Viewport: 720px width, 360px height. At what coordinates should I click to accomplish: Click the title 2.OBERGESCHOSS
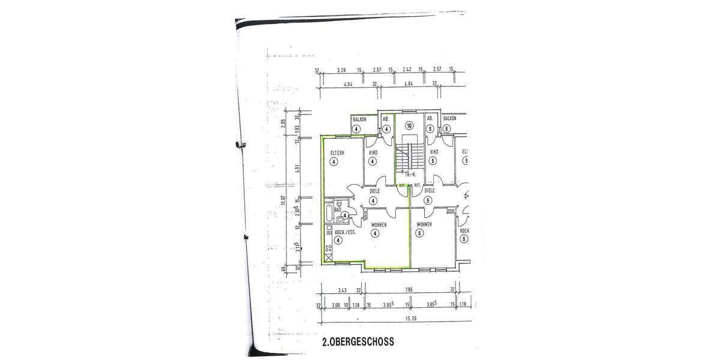(x=358, y=343)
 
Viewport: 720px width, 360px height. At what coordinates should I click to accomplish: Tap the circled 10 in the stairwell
(x=409, y=126)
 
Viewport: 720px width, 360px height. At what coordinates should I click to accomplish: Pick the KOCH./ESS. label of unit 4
(x=338, y=231)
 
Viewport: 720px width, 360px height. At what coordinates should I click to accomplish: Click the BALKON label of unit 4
(x=359, y=119)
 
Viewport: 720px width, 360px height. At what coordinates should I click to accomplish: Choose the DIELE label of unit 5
(x=429, y=191)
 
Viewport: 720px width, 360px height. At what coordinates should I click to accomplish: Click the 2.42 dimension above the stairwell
(x=406, y=70)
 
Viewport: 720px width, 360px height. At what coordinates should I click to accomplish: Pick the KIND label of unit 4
(x=373, y=152)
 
